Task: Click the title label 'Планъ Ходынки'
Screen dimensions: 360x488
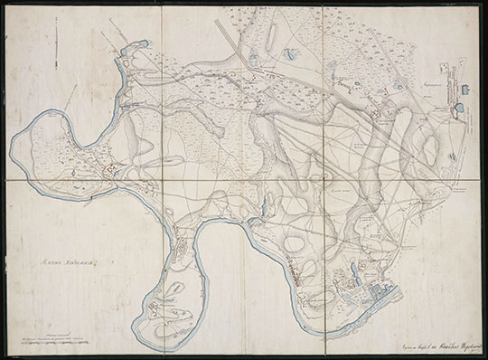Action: click(67, 263)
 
